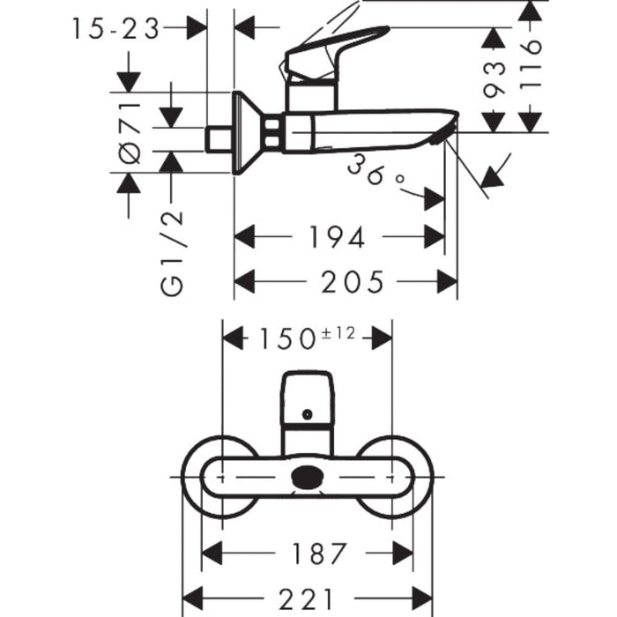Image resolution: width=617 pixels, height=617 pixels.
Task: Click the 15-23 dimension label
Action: point(115,28)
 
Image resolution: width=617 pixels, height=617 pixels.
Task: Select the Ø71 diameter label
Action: point(130,132)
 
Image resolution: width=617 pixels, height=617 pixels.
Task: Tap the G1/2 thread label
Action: point(172,254)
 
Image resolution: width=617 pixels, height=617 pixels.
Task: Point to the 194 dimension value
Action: point(337,237)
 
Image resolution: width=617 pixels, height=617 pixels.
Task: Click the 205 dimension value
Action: point(353,282)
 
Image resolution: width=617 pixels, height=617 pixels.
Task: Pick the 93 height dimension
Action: point(494,79)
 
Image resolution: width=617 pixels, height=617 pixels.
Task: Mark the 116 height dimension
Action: point(531,65)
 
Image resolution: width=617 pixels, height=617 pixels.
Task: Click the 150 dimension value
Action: point(287,339)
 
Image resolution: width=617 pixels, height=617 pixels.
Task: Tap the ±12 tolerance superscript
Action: point(338,333)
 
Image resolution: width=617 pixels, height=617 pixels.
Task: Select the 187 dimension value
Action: point(320,554)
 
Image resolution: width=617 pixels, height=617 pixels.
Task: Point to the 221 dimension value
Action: point(306,598)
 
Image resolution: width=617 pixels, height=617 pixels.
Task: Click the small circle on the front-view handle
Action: point(308,414)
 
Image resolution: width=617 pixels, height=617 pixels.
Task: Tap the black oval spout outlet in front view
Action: point(308,477)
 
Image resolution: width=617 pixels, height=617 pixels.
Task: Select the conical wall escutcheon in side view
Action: point(247,133)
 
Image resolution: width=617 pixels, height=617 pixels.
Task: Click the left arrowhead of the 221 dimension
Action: point(193,598)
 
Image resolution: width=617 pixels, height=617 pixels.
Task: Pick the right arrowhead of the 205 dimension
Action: point(448,282)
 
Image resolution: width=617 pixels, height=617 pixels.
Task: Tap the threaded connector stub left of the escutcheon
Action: point(219,139)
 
